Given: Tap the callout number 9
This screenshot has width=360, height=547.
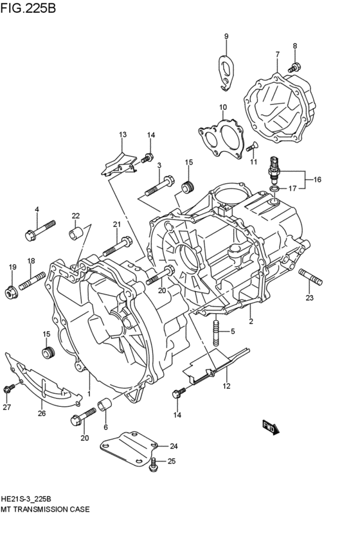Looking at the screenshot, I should (226, 36).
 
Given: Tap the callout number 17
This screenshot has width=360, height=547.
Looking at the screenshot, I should (292, 188).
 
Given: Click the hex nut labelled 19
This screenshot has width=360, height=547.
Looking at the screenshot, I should (11, 293).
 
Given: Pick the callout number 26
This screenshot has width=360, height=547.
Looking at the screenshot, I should (42, 413).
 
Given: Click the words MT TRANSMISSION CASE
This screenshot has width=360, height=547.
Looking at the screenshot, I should (45, 508).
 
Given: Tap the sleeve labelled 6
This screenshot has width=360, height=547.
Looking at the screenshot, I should (105, 406).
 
